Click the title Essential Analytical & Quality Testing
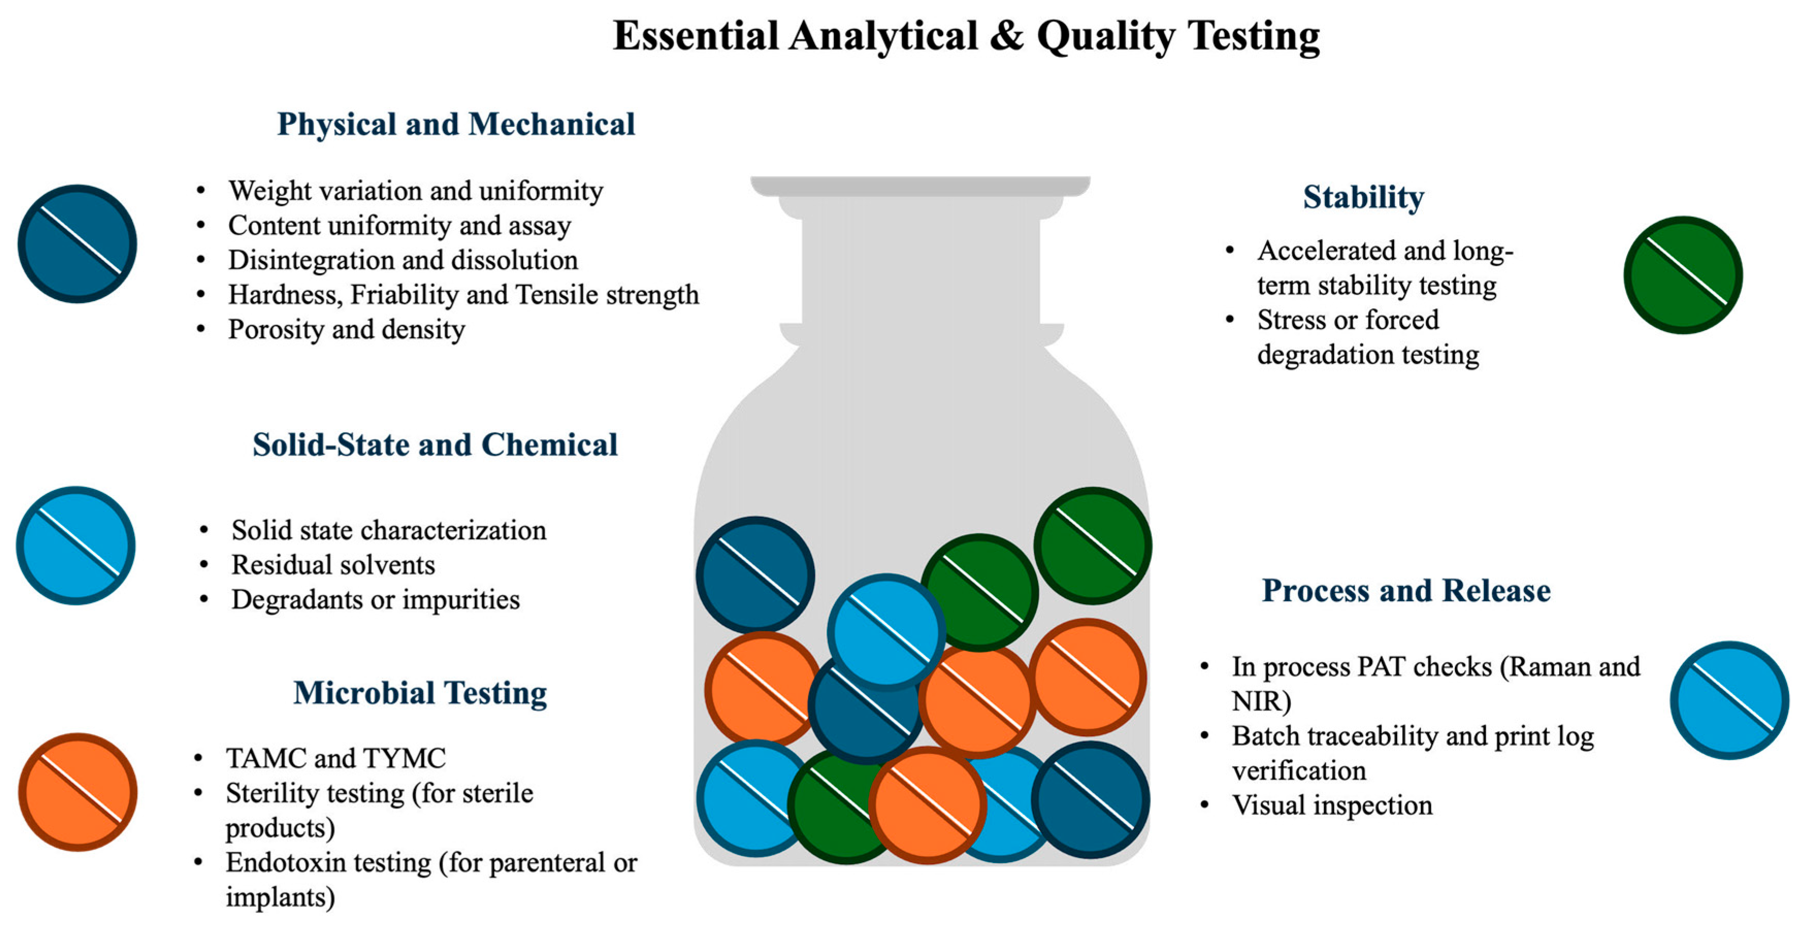coord(966,37)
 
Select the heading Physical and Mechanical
coord(456,124)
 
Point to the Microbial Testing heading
coord(420,693)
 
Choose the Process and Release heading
coord(1406,591)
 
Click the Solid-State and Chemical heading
coord(435,444)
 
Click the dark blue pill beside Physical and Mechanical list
coord(77,244)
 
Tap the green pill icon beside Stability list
coord(1683,275)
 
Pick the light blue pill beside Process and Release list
coord(1729,700)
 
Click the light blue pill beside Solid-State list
coord(75,546)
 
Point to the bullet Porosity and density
coord(346,329)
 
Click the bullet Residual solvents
coord(333,565)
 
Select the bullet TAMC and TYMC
coord(336,758)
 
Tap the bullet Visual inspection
coord(1332,805)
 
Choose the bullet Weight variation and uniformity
coord(416,191)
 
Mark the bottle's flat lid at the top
coord(921,186)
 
